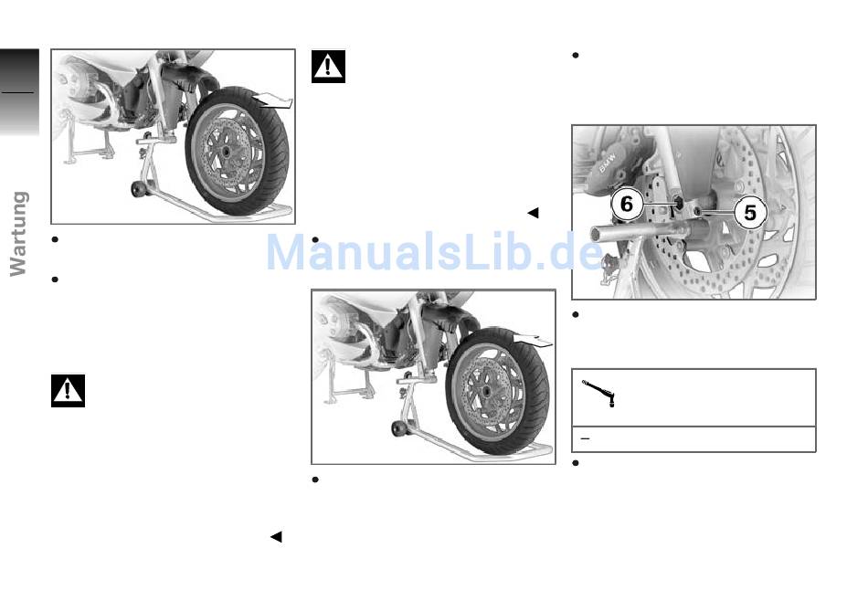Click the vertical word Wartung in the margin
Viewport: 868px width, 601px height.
pyautogui.click(x=19, y=234)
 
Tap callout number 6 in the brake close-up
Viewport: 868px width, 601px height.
pyautogui.click(x=627, y=204)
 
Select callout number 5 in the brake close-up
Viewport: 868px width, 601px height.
pyautogui.click(x=750, y=213)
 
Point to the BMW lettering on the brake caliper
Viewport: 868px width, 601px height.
pyautogui.click(x=608, y=161)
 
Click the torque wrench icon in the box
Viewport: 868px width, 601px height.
pyautogui.click(x=598, y=394)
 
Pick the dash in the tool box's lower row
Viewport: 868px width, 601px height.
pyautogui.click(x=585, y=438)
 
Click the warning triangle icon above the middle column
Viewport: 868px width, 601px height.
pyautogui.click(x=328, y=67)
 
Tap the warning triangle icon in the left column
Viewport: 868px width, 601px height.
pyautogui.click(x=69, y=391)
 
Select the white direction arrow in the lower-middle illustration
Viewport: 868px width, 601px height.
pyautogui.click(x=532, y=340)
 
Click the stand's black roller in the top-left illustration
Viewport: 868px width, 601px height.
pyautogui.click(x=136, y=188)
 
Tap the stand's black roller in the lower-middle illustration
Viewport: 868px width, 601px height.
pyautogui.click(x=397, y=428)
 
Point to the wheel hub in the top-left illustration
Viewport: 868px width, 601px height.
pyautogui.click(x=227, y=151)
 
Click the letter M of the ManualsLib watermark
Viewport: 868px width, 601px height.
pyautogui.click(x=291, y=252)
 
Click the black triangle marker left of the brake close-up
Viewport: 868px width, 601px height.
pyautogui.click(x=533, y=213)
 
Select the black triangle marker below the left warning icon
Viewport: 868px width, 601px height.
pyautogui.click(x=276, y=537)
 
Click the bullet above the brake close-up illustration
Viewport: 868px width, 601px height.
pyautogui.click(x=575, y=56)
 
